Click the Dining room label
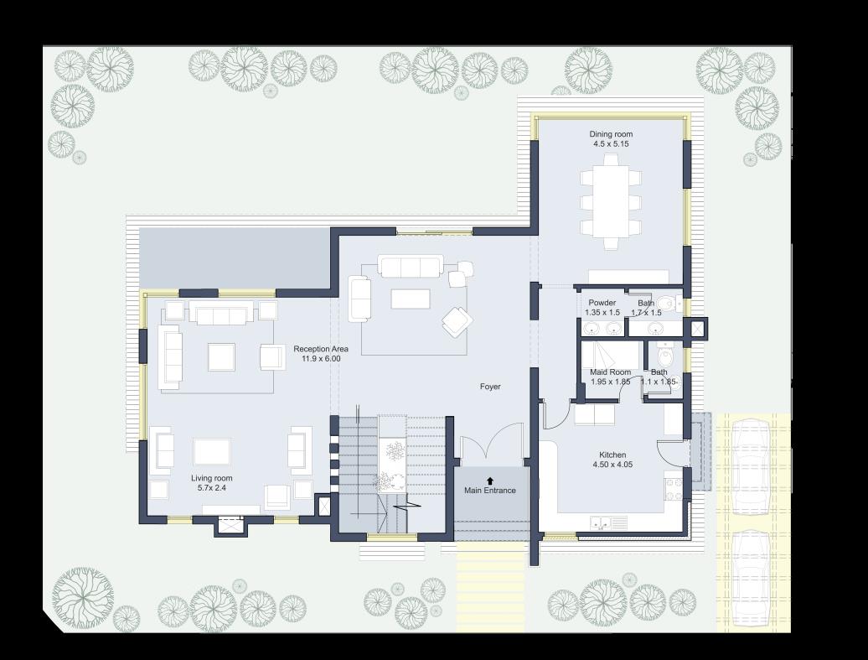610,134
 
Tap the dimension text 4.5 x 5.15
610,144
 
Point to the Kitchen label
612,455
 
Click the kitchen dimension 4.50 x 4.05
612,465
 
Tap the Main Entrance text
490,491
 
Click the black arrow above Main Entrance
490,480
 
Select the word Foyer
490,387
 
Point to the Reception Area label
321,349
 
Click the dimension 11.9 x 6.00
321,359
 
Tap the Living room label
212,478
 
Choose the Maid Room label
610,372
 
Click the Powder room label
602,303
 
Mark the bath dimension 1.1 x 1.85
659,382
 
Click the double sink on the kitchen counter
600,522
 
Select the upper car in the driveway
750,465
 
